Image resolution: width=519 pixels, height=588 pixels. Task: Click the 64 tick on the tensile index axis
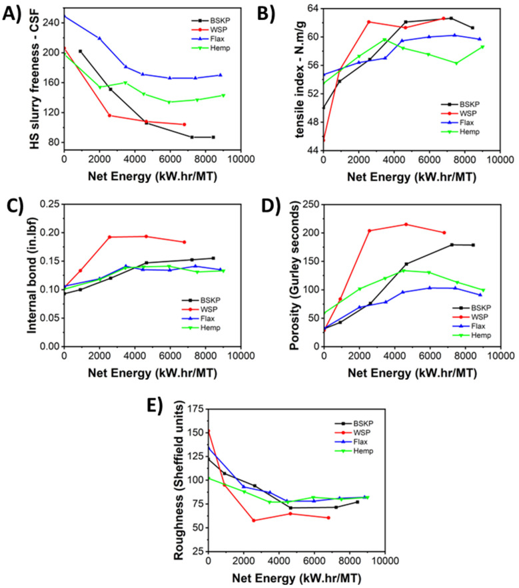[x=312, y=7]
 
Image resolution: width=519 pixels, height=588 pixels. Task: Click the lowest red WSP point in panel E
[x=254, y=520]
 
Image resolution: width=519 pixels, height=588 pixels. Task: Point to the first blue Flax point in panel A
[x=64, y=15]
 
